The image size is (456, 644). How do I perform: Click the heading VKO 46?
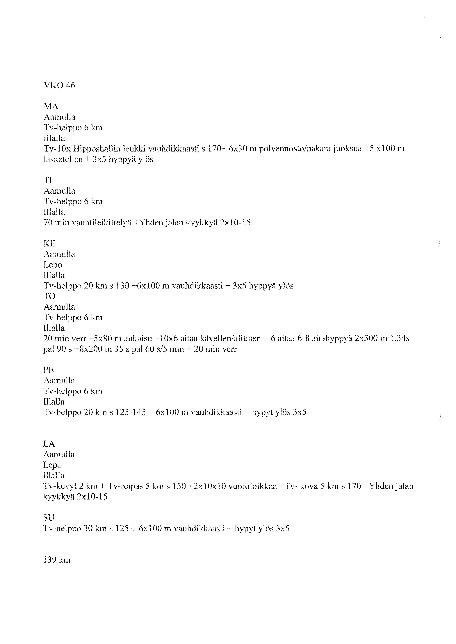tap(59, 85)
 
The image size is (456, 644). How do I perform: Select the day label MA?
tap(51, 107)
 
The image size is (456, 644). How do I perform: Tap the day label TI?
tap(48, 180)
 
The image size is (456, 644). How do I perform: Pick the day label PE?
tap(49, 370)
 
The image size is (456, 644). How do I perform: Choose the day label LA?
tap(49, 444)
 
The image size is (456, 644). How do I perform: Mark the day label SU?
tap(49, 517)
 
